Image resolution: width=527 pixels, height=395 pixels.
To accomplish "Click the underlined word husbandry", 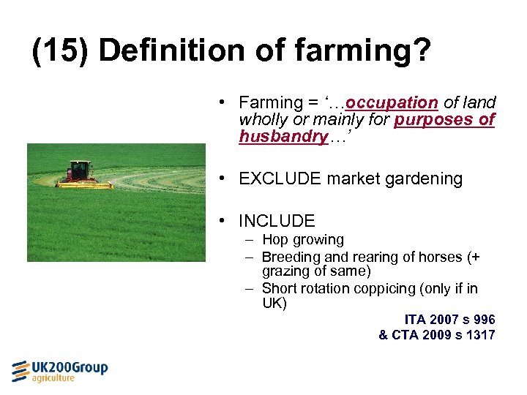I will click(x=283, y=136).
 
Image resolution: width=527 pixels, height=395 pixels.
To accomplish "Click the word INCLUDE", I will click(x=277, y=221).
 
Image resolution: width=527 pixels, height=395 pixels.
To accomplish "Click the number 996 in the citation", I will click(x=484, y=320).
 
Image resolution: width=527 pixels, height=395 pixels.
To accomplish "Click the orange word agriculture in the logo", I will click(x=53, y=378).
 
